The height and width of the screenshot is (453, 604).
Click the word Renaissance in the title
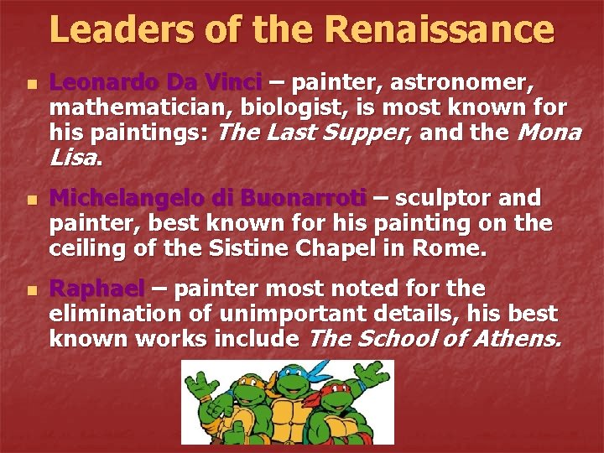pyautogui.click(x=440, y=29)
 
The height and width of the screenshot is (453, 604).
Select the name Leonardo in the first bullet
pyautogui.click(x=105, y=83)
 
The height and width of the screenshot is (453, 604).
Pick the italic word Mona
pyautogui.click(x=550, y=133)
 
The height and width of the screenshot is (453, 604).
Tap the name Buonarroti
pyautogui.click(x=303, y=198)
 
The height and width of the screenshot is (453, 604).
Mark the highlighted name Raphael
pyautogui.click(x=97, y=289)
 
